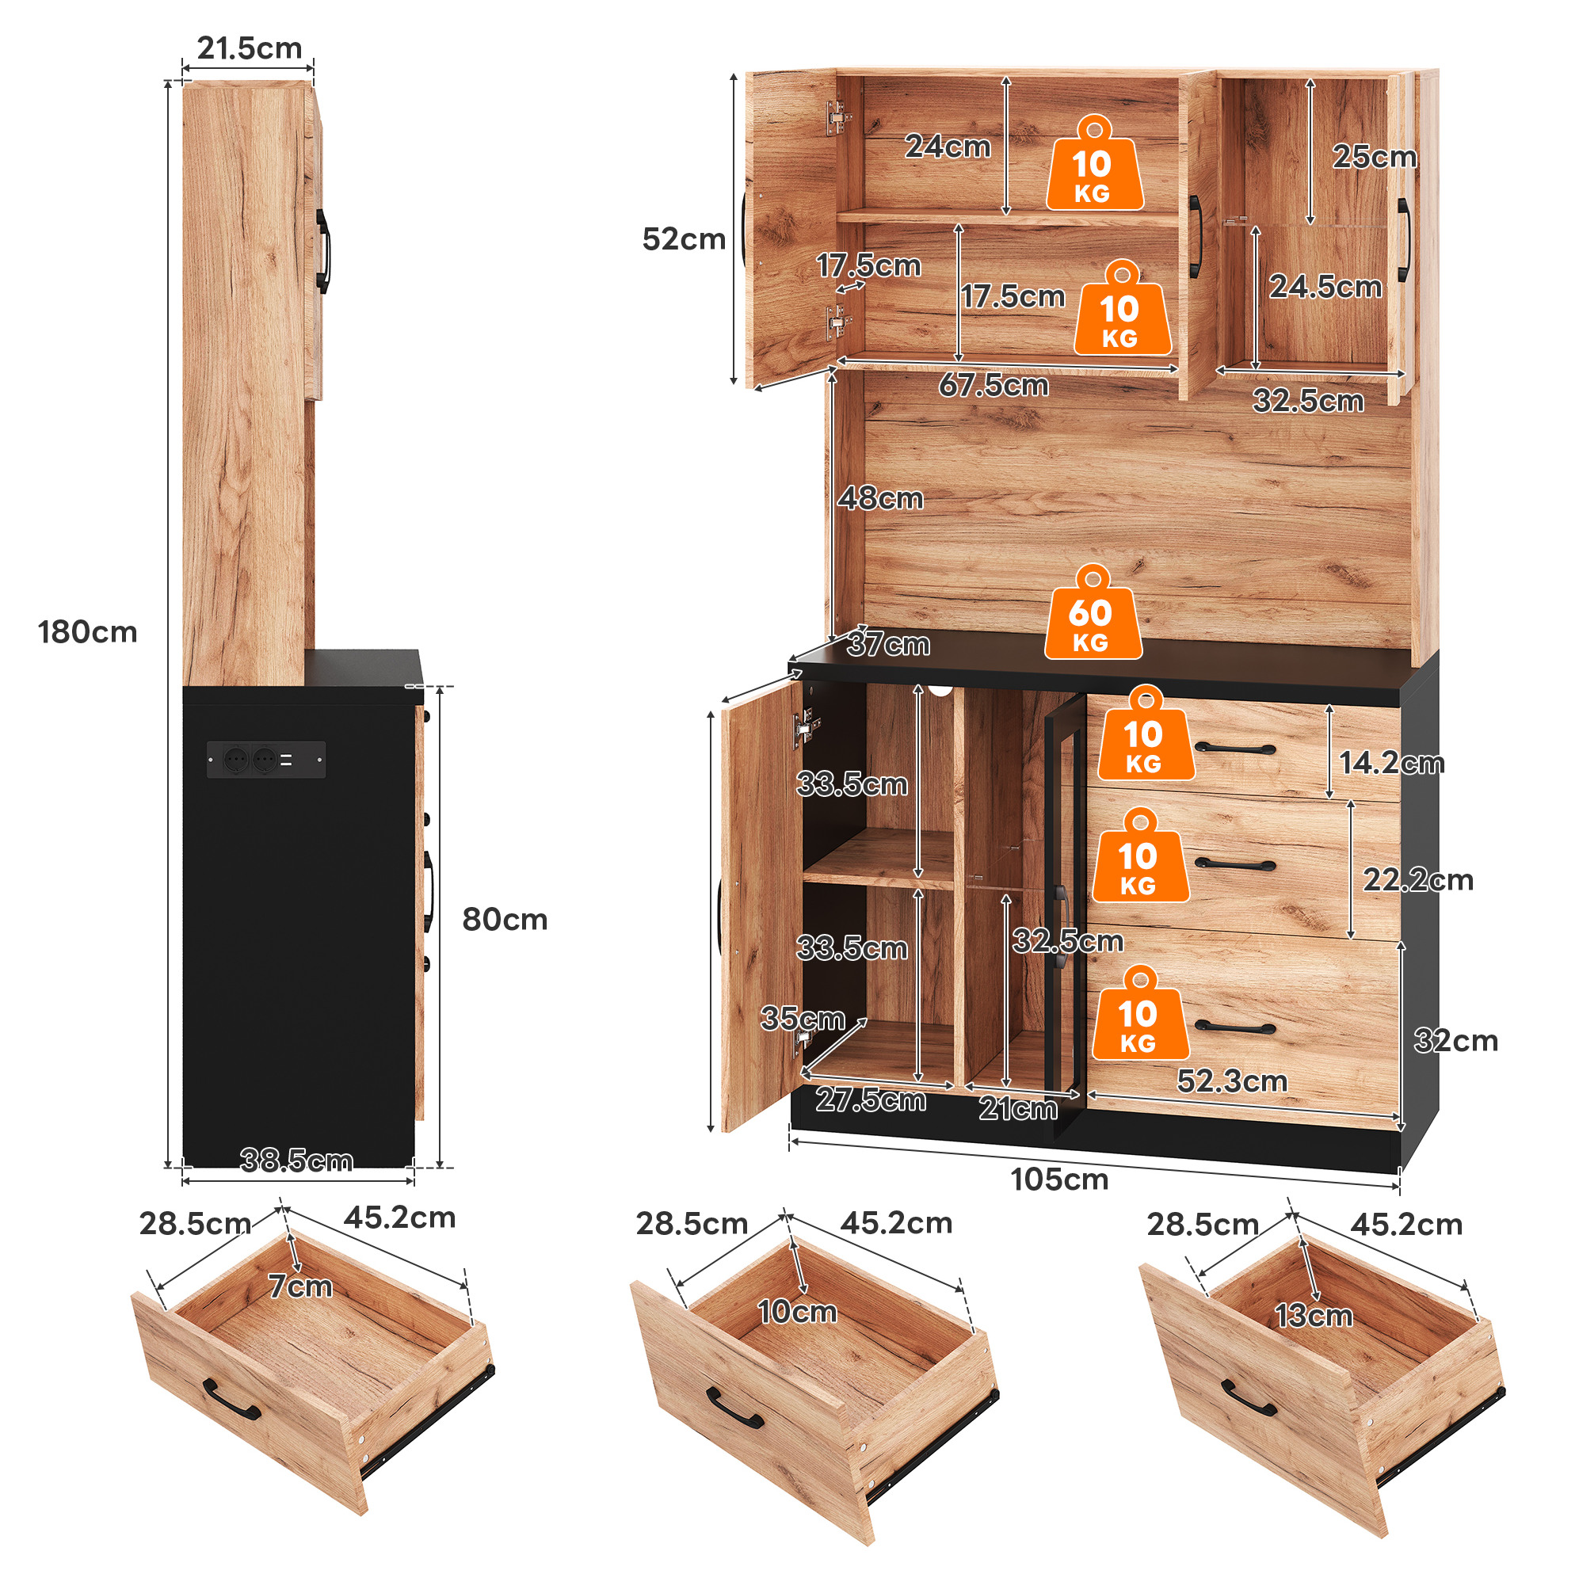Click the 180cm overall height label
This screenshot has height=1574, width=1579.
point(87,631)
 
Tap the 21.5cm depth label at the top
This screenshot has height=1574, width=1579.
point(250,48)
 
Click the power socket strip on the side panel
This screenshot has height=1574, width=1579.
point(265,759)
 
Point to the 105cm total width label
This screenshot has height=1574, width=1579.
point(1059,1180)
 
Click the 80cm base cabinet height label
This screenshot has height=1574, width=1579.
point(504,920)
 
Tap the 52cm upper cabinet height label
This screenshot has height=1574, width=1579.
point(683,238)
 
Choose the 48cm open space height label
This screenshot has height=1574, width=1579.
point(880,497)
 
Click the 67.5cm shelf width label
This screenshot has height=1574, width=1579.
point(993,384)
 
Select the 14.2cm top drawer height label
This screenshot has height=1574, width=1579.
point(1391,763)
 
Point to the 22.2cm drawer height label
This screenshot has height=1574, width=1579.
point(1418,879)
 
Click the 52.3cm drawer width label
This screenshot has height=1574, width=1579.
point(1232,1081)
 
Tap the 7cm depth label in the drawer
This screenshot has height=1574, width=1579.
point(301,1286)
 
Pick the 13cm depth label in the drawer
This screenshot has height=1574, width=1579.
point(1314,1315)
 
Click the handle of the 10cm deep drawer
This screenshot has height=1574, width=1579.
point(734,1407)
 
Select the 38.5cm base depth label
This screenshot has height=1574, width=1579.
point(296,1160)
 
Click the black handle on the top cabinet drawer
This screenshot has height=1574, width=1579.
point(1234,748)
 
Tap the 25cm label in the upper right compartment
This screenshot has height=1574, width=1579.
point(1375,156)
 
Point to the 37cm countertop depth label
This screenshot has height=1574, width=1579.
point(888,644)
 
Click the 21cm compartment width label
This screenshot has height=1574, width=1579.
point(1017,1108)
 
